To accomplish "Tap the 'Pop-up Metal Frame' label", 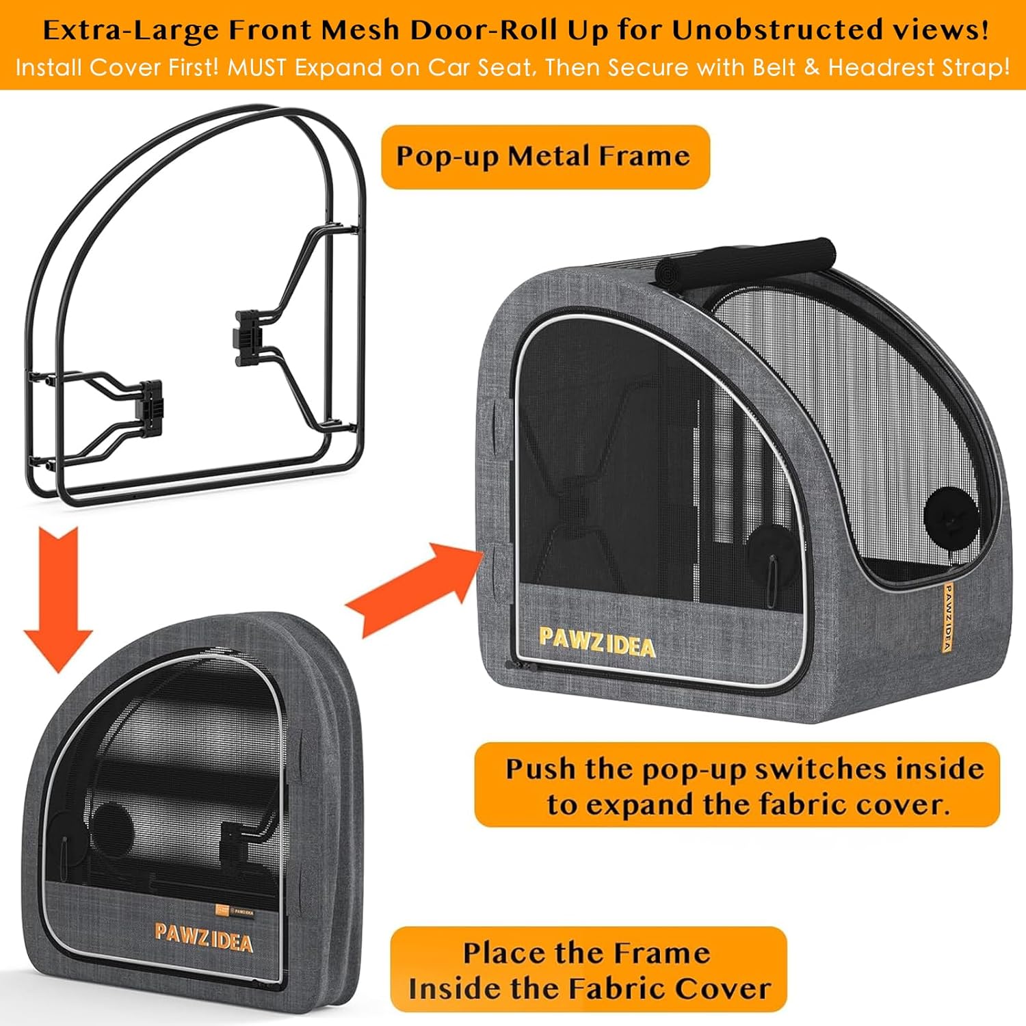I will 544,157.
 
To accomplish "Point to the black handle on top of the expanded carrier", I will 746,263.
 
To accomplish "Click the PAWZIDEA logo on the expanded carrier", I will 596,643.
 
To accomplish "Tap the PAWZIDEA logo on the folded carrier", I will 203,938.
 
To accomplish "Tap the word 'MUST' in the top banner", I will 257,68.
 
